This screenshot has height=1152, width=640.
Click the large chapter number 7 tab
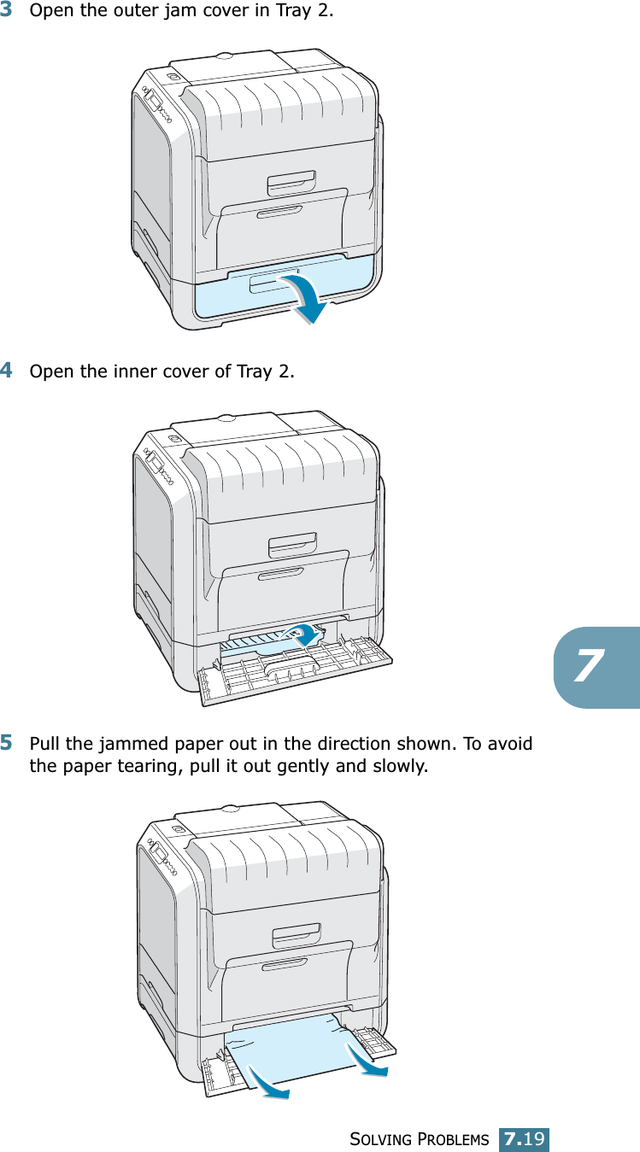[596, 666]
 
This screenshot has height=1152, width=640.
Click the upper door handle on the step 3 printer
[291, 182]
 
